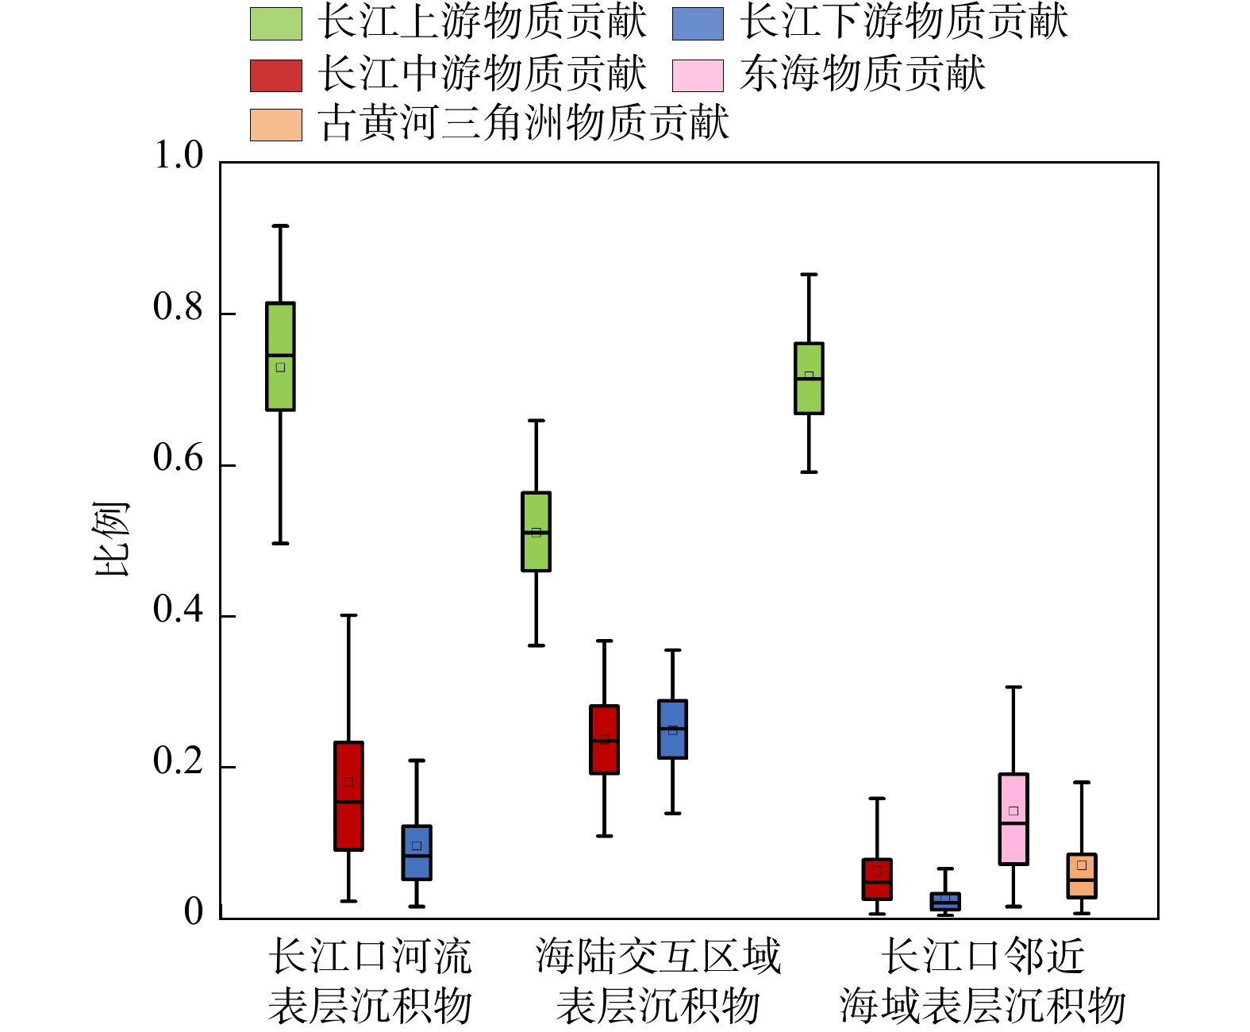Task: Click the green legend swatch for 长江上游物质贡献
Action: coord(275,24)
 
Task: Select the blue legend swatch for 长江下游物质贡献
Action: coord(698,24)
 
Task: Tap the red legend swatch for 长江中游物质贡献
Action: coord(275,75)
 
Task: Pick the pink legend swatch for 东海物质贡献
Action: coord(698,75)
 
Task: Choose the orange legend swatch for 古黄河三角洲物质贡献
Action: coord(275,125)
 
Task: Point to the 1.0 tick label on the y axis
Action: coord(178,156)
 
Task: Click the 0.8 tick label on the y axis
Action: coord(178,308)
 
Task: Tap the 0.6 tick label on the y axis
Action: coord(178,459)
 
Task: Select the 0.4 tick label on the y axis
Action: coord(178,610)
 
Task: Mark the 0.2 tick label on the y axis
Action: coord(178,761)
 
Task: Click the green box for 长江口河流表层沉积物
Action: coord(280,356)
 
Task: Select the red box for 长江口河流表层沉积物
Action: coord(348,796)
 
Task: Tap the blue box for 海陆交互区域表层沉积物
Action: coord(672,730)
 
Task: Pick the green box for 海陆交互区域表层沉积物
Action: coord(536,532)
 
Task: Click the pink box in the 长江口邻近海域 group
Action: coord(1013,819)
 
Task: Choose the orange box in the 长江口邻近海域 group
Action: coord(1082,876)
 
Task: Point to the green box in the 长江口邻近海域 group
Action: coord(809,379)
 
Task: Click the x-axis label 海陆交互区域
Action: coord(658,957)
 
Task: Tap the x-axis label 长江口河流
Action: coord(370,957)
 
